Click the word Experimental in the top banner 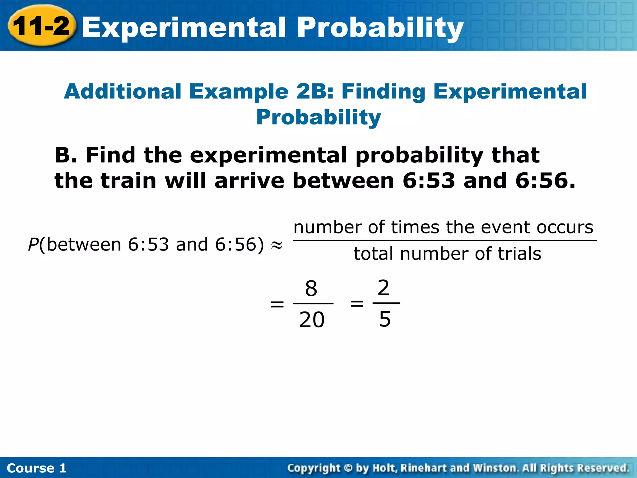coord(184,27)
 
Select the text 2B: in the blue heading coord(315,91)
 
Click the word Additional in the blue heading coord(123,91)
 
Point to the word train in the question coord(129,181)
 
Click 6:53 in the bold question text coord(428,181)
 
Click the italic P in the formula coord(33,245)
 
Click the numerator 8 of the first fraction coord(311,288)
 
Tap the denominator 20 coord(312,320)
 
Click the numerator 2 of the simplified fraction coord(384,288)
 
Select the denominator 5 coord(385,319)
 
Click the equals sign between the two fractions coord(357,303)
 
